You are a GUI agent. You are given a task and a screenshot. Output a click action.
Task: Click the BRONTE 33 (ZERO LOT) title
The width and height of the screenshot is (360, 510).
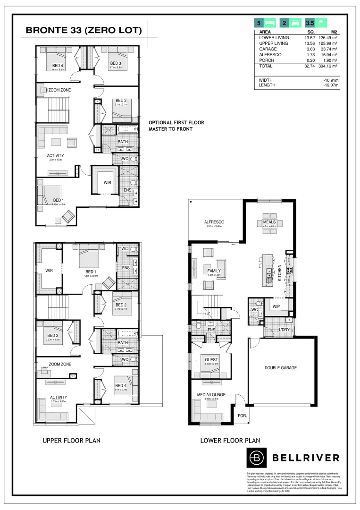pos(84,31)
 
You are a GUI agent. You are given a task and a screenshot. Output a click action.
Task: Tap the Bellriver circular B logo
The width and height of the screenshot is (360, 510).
pos(257,457)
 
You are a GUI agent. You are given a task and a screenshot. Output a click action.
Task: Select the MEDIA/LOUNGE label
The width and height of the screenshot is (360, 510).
pos(211,394)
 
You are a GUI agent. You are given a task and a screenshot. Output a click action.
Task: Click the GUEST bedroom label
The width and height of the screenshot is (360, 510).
pos(211,360)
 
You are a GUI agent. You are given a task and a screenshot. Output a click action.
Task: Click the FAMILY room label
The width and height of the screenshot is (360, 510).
pos(214,271)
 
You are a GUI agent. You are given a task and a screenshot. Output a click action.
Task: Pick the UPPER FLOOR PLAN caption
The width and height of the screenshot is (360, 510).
pos(71,440)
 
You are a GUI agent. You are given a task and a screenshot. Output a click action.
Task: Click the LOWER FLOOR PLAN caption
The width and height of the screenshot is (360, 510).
pos(230,440)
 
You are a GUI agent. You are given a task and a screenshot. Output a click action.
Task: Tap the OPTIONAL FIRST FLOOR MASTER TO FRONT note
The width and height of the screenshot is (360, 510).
pos(176,125)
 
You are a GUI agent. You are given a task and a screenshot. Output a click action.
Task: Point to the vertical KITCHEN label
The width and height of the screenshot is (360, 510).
pos(280,273)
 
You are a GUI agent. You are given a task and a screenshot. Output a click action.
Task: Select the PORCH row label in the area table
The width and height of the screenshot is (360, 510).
pos(268,60)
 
